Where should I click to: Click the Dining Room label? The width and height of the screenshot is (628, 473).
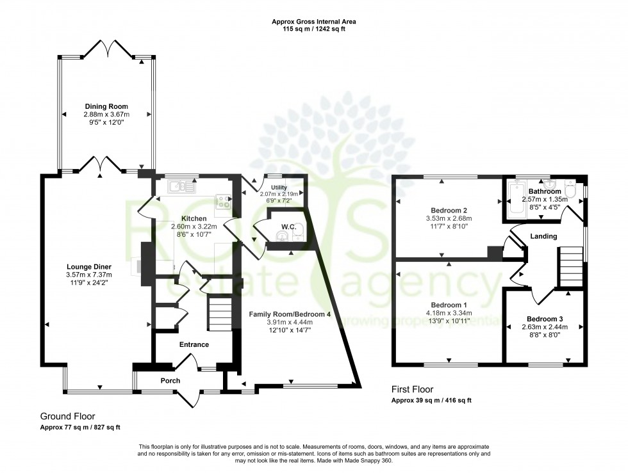coord(106,106)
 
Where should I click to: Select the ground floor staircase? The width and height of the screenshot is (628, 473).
coord(219,316)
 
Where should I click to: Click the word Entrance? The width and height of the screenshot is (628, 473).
coord(194,344)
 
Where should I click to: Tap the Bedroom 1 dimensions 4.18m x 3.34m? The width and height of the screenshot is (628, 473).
coord(449,312)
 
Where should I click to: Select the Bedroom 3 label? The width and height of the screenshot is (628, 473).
coord(545,319)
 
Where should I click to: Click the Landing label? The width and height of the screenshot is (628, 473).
coord(543,236)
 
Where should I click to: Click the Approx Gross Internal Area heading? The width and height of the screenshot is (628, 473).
coord(314,21)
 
